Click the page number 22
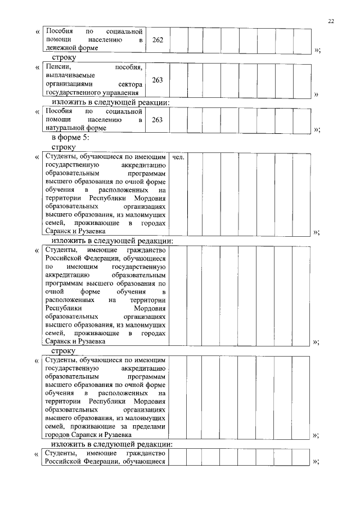point(331,21)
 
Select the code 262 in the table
point(157,40)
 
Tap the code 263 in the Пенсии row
point(157,80)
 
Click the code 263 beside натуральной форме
point(157,120)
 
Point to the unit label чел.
point(179,157)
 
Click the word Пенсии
point(56,67)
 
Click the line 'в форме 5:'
point(70,138)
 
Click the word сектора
point(131,84)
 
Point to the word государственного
point(73,92)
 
